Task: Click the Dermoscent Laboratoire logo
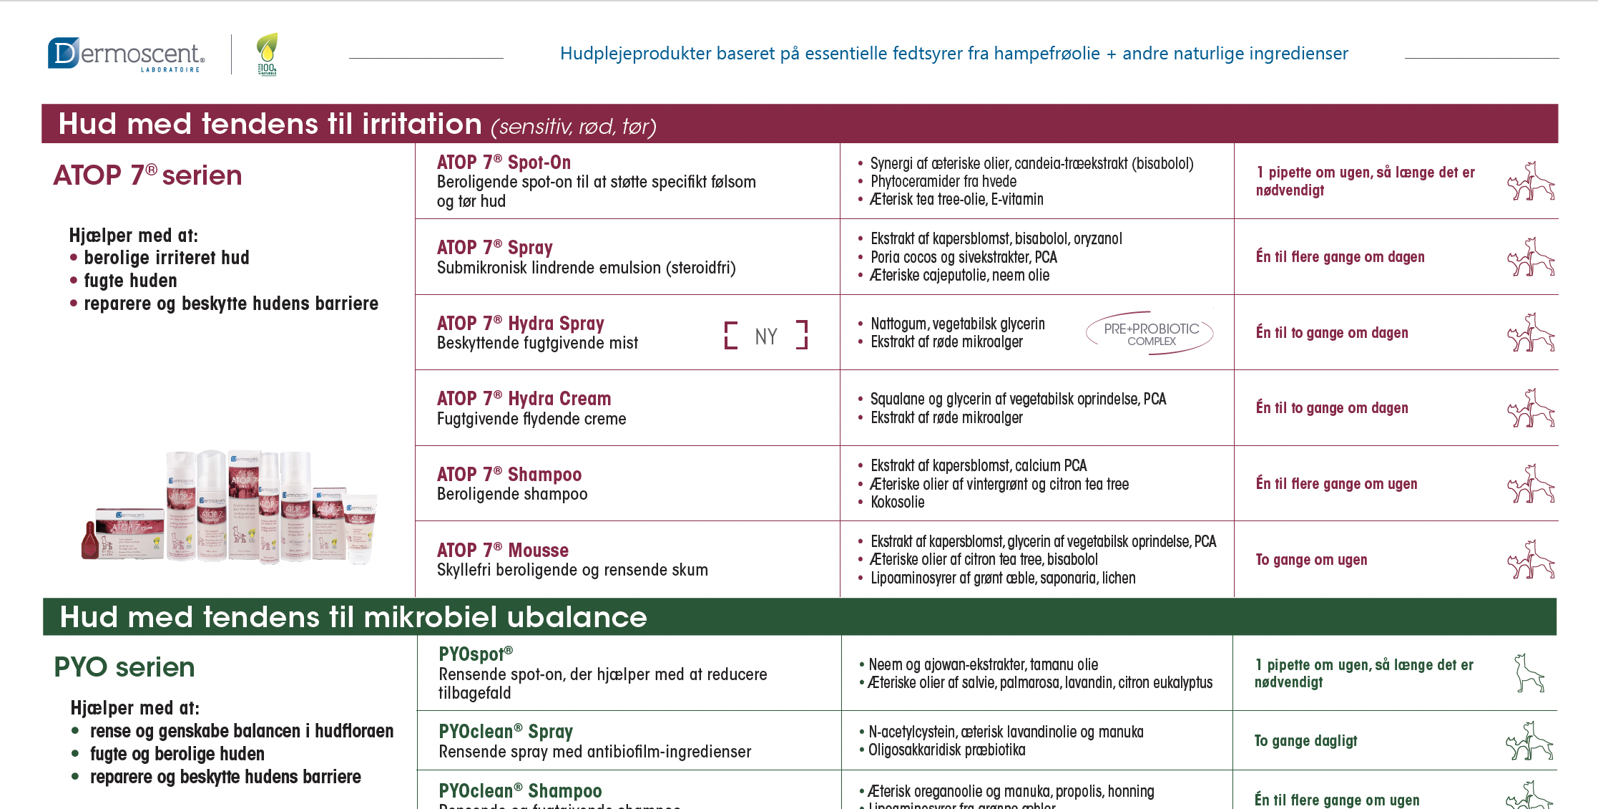(126, 54)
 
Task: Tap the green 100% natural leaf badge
(267, 54)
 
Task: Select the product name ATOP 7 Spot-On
(504, 163)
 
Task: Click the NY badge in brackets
(765, 336)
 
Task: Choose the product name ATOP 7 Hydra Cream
(524, 399)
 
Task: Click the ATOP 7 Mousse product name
(502, 551)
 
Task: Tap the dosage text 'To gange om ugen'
(1311, 560)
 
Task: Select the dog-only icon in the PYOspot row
(1529, 673)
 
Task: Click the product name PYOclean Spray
(505, 732)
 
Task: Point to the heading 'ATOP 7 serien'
(147, 175)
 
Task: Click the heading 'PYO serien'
(124, 667)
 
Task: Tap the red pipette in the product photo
(90, 541)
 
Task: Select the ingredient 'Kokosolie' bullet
(897, 503)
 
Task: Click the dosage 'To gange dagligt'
(1305, 741)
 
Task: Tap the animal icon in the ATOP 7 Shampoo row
(1531, 484)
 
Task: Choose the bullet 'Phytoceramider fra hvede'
(943, 182)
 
